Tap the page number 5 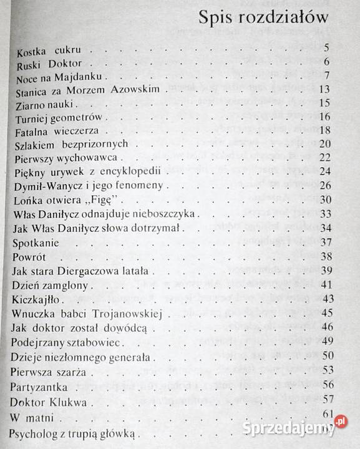tap(326, 47)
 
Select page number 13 tap(324, 89)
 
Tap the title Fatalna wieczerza tap(60, 131)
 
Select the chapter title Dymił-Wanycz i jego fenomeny tap(87, 186)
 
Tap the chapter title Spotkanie tap(36, 241)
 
